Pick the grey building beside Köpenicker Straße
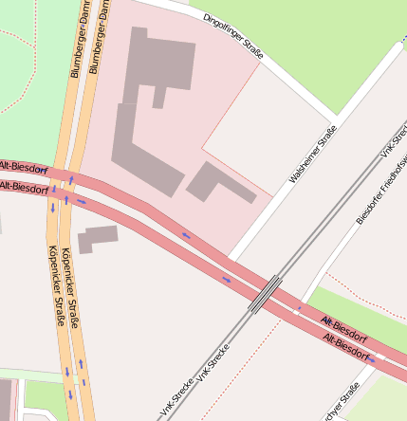(x=98, y=237)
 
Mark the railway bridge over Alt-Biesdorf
(x=265, y=294)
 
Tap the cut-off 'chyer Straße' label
(x=343, y=402)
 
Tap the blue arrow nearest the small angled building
(x=186, y=235)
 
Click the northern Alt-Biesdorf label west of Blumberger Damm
(x=24, y=167)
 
